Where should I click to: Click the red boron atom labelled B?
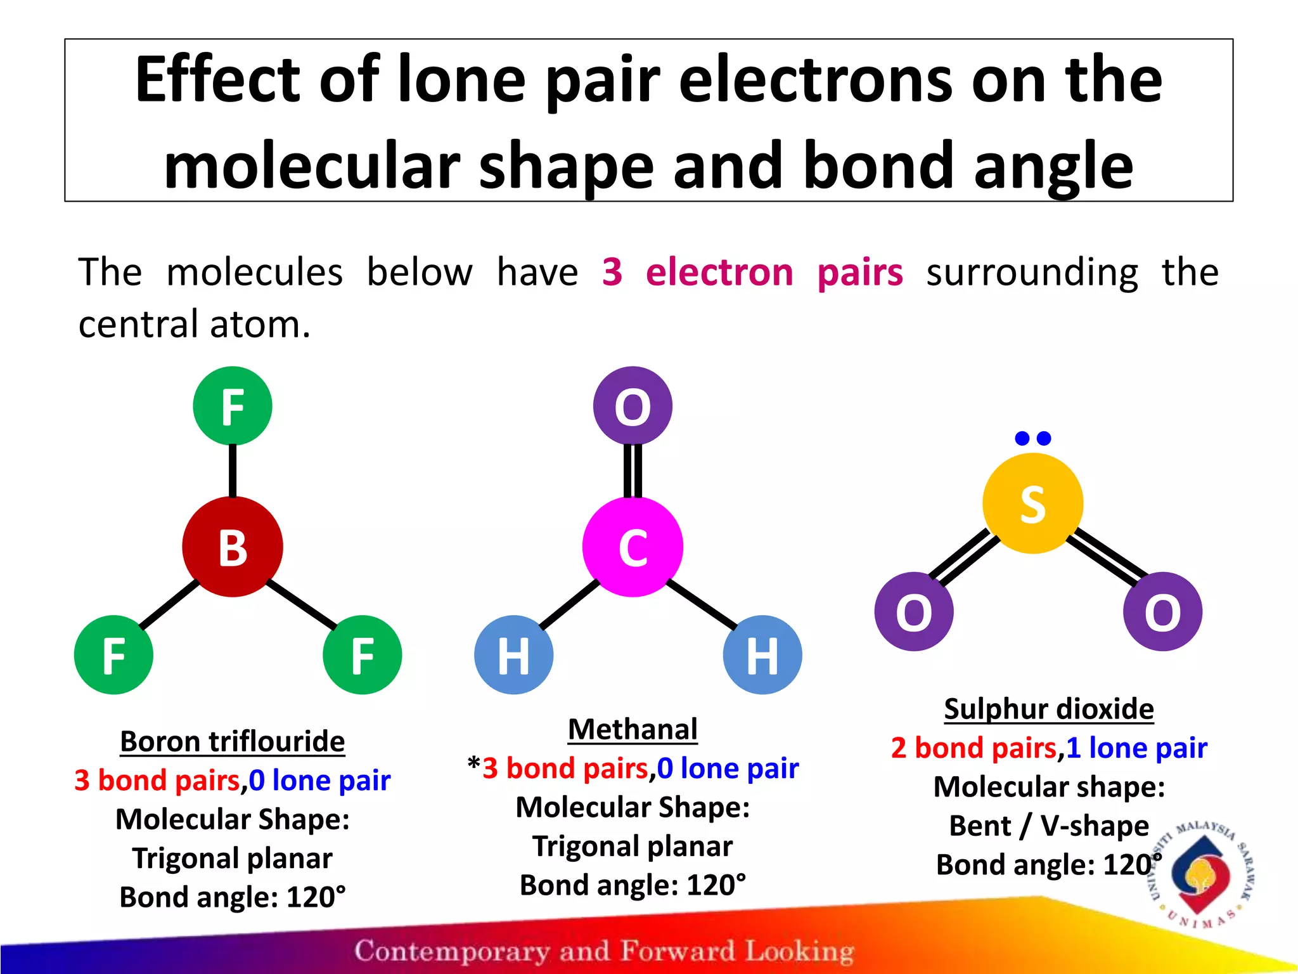click(x=233, y=547)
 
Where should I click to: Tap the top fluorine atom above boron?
click(x=233, y=406)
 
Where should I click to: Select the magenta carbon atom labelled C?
click(x=633, y=547)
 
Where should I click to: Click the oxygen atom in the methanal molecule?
click(x=633, y=406)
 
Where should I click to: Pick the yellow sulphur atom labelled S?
click(x=1032, y=503)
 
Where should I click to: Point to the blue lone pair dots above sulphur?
click(x=1032, y=438)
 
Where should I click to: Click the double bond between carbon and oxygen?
click(x=633, y=471)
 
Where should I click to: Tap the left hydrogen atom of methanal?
click(x=513, y=654)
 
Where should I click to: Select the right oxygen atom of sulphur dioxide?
click(x=1162, y=611)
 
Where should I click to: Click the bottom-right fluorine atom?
click(x=362, y=654)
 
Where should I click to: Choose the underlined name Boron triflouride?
click(x=233, y=741)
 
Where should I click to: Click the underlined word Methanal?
click(x=633, y=729)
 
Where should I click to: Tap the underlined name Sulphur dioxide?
click(x=1049, y=709)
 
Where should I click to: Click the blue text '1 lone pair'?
click(x=1136, y=748)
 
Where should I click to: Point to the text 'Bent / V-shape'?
click(x=1049, y=826)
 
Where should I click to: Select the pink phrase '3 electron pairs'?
click(x=752, y=272)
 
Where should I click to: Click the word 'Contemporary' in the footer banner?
click(x=451, y=951)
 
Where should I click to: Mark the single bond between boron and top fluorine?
click(x=233, y=471)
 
